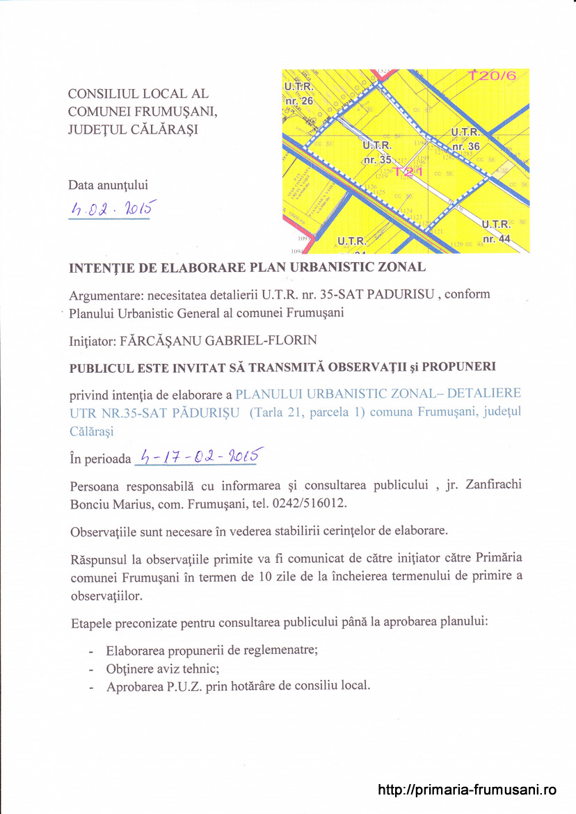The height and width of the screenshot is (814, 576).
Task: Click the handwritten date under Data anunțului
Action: coord(110,208)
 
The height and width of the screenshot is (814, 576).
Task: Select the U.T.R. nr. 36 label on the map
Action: coord(465,139)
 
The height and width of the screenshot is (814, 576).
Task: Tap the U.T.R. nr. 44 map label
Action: coord(496,231)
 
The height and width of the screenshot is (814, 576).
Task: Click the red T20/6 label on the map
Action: coord(493,76)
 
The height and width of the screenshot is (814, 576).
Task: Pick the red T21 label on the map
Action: coord(408,171)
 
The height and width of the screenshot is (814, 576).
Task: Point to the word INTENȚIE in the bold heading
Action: coord(104,266)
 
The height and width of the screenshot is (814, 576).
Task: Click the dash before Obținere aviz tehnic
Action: coord(92,669)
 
